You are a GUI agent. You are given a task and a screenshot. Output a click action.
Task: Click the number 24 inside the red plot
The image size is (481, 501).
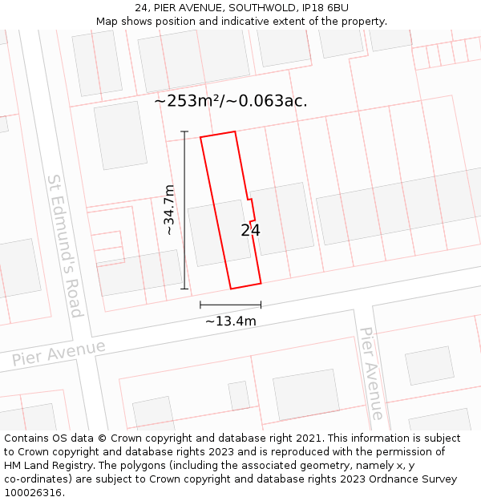[250, 231]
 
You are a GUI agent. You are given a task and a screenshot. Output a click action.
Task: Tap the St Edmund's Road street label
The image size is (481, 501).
[65, 246]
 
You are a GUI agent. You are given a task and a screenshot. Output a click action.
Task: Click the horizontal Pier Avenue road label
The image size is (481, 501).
[59, 353]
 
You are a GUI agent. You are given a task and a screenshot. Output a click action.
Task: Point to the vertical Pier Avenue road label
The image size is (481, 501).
[370, 373]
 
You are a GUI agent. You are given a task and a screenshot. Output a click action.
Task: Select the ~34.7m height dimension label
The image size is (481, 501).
[169, 210]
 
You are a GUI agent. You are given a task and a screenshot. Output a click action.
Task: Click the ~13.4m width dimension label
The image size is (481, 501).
[231, 321]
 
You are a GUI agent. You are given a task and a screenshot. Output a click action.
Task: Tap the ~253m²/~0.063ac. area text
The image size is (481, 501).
[231, 101]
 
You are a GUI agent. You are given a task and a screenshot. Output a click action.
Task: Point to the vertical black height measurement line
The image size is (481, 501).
[184, 210]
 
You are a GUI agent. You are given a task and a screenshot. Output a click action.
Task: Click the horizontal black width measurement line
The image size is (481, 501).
[231, 305]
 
